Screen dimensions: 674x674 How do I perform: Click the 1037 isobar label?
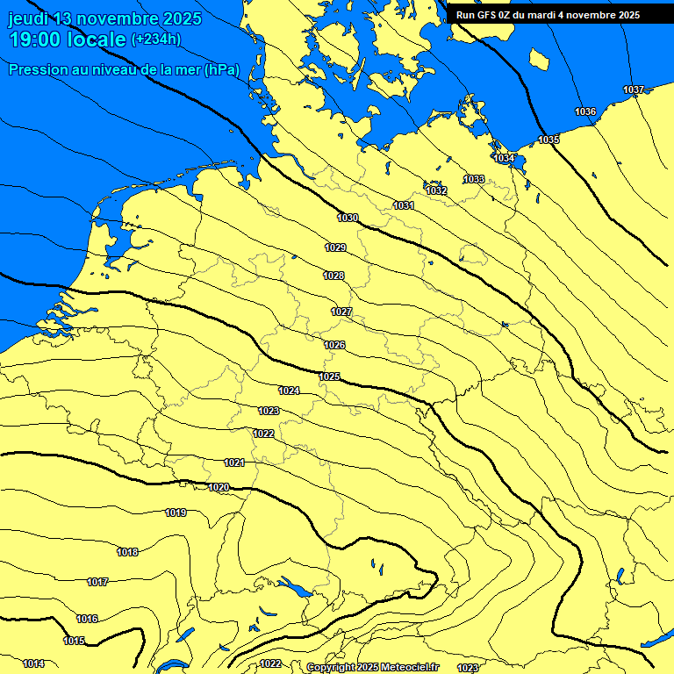(634, 90)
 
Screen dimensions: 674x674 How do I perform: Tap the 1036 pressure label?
(585, 111)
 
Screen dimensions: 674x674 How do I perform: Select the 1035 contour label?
(549, 140)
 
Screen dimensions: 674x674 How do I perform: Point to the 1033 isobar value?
(474, 179)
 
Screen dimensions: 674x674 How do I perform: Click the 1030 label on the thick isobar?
(348, 218)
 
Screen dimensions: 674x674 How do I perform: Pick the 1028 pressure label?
(333, 276)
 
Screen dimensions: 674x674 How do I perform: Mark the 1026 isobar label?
(334, 345)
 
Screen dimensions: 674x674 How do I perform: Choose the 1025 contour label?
(329, 376)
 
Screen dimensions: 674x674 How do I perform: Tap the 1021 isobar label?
(234, 462)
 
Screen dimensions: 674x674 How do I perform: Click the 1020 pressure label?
(219, 487)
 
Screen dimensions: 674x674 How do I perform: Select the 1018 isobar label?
(127, 552)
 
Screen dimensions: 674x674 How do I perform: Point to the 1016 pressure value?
(87, 619)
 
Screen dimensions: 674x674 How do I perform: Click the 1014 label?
(33, 663)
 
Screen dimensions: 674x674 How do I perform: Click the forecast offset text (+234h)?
(156, 39)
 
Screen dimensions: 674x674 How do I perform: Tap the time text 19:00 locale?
(67, 39)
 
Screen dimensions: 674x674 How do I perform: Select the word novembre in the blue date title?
(119, 18)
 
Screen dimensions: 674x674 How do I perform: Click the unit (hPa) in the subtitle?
(221, 70)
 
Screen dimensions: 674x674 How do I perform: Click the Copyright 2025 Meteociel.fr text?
(372, 667)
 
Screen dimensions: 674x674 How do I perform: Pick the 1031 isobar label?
(404, 205)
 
